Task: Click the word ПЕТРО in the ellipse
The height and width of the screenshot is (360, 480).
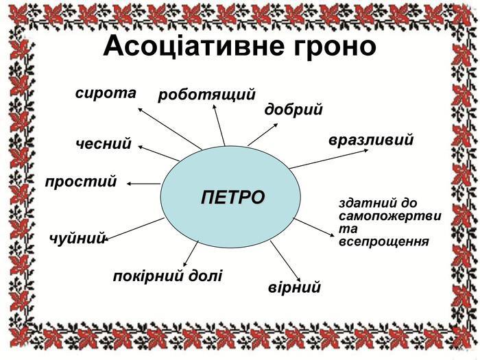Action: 233,197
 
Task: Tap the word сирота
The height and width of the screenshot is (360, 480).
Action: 106,93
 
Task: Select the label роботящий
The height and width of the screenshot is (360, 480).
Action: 206,95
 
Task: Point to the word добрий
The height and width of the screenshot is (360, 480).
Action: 293,110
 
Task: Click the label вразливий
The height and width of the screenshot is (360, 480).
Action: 371,141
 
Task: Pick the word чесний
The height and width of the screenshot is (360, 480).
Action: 104,144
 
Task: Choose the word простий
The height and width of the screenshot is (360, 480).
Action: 81,182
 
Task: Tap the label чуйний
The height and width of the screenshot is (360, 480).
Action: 77,239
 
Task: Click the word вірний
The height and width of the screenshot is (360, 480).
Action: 295,287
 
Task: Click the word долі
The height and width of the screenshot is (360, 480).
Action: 206,276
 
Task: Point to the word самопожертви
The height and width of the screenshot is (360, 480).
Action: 389,216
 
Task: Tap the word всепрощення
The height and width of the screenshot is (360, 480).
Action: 383,241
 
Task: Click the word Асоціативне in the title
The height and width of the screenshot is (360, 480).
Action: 184,47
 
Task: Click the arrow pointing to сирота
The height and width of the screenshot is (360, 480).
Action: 169,128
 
